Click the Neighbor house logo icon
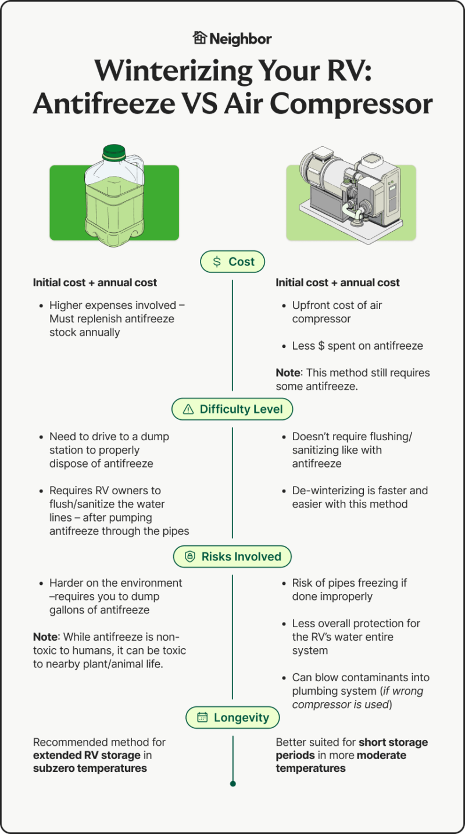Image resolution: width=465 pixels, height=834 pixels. click(x=199, y=38)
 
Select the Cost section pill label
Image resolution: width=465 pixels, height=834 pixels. click(x=233, y=262)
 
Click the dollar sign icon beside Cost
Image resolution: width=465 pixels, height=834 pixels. click(x=217, y=262)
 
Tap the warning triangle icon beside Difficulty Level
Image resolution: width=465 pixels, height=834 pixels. click(x=188, y=409)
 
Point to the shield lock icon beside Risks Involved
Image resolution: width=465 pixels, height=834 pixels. click(x=189, y=556)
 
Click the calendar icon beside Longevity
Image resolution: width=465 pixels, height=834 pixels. click(x=202, y=717)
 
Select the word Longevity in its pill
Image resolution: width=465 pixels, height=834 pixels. click(x=241, y=717)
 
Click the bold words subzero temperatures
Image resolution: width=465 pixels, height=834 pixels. click(x=90, y=768)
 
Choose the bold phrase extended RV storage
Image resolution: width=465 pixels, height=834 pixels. click(x=87, y=756)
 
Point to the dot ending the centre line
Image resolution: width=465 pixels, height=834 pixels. click(x=233, y=783)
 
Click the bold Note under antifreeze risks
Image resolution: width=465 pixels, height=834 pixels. click(x=45, y=637)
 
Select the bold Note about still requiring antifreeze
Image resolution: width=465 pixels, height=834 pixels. click(x=288, y=373)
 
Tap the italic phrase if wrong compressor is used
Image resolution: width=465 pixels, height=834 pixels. click(x=357, y=698)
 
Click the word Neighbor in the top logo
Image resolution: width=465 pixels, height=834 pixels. click(x=241, y=38)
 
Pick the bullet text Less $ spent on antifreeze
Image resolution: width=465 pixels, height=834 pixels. click(x=357, y=346)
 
